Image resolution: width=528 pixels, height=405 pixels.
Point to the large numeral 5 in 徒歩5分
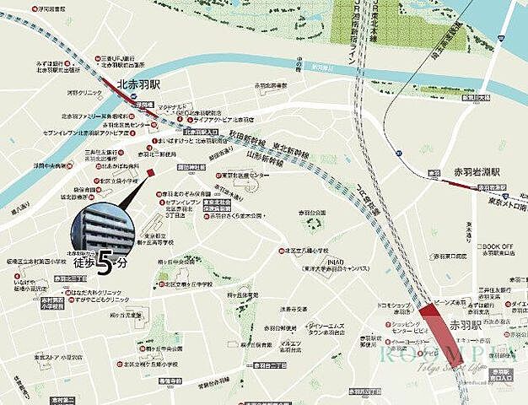click(104, 266)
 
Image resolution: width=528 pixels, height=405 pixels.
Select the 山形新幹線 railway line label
click(264, 157)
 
